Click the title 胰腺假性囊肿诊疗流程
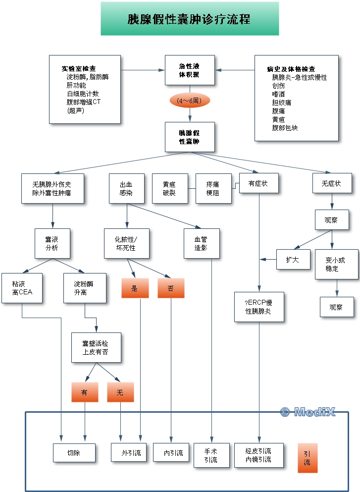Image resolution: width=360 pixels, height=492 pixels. click(x=189, y=19)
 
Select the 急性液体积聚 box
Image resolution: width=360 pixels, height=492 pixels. click(x=190, y=70)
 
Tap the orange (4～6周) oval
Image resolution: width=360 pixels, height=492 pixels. click(x=190, y=101)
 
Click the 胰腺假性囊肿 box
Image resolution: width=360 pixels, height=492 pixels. click(x=190, y=137)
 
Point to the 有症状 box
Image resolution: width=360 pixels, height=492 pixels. click(x=259, y=183)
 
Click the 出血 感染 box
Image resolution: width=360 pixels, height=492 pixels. click(x=126, y=188)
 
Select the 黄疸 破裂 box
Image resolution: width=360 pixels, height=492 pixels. click(x=169, y=188)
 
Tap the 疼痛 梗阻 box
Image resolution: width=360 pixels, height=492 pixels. click(x=213, y=188)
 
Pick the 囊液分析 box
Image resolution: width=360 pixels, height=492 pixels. click(x=52, y=243)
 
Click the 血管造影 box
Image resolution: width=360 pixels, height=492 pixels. click(x=201, y=243)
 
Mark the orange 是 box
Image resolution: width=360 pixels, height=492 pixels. click(x=135, y=288)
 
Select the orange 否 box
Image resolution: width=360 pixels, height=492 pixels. click(x=171, y=288)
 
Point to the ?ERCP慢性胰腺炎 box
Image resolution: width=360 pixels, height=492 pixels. click(x=259, y=307)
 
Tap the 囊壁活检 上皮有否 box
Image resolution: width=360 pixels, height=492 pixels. click(x=96, y=347)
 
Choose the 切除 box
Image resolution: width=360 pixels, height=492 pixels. click(x=74, y=453)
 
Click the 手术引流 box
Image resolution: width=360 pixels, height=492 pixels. click(x=211, y=456)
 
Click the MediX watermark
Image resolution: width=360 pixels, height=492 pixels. click(x=308, y=412)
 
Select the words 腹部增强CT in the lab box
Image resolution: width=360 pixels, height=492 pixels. click(x=84, y=102)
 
